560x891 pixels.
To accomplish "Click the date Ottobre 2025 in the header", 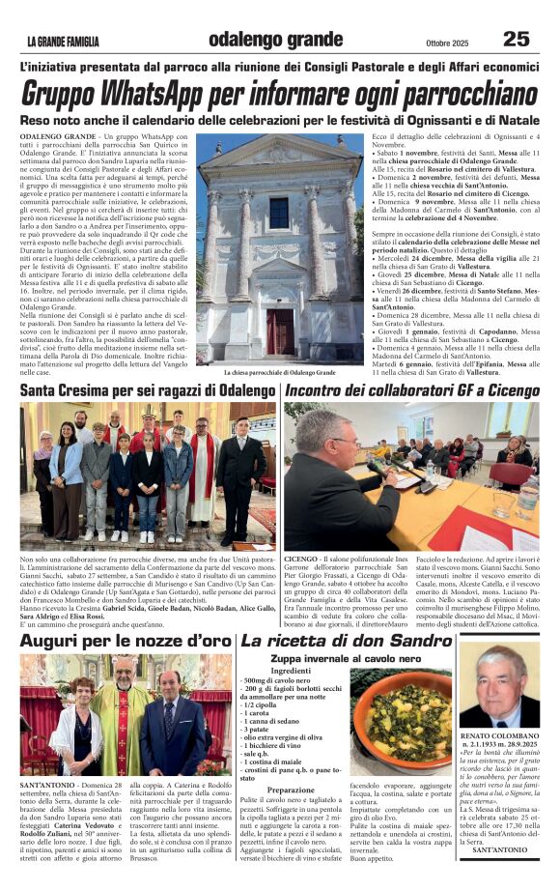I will (x=446, y=42).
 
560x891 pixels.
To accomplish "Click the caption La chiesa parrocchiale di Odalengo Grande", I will (x=281, y=371).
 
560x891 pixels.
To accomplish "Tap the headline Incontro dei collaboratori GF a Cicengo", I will (x=412, y=389).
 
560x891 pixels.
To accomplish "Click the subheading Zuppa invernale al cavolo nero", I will (x=347, y=657).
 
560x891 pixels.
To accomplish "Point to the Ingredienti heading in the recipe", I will (x=291, y=671).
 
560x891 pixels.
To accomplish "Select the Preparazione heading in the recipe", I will (x=291, y=790).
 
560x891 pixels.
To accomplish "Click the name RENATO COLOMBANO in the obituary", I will (x=501, y=736).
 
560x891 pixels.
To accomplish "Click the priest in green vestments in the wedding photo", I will (x=123, y=710).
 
